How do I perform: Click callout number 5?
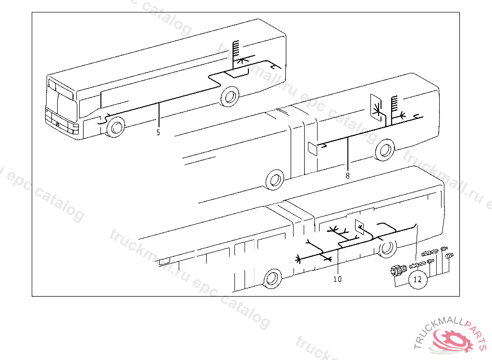158,132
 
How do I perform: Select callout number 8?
347,176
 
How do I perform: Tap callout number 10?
337,279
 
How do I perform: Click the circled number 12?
418,279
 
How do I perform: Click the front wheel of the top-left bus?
116,127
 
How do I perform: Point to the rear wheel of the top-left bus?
230,96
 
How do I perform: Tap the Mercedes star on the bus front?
58,124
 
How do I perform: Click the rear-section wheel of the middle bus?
385,150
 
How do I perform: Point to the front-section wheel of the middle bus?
275,180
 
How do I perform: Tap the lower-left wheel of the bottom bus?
272,278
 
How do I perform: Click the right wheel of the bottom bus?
387,248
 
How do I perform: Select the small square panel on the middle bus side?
312,149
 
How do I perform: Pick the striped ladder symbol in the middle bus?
394,104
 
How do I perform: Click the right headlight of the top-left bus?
75,127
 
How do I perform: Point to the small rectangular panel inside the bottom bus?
359,228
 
